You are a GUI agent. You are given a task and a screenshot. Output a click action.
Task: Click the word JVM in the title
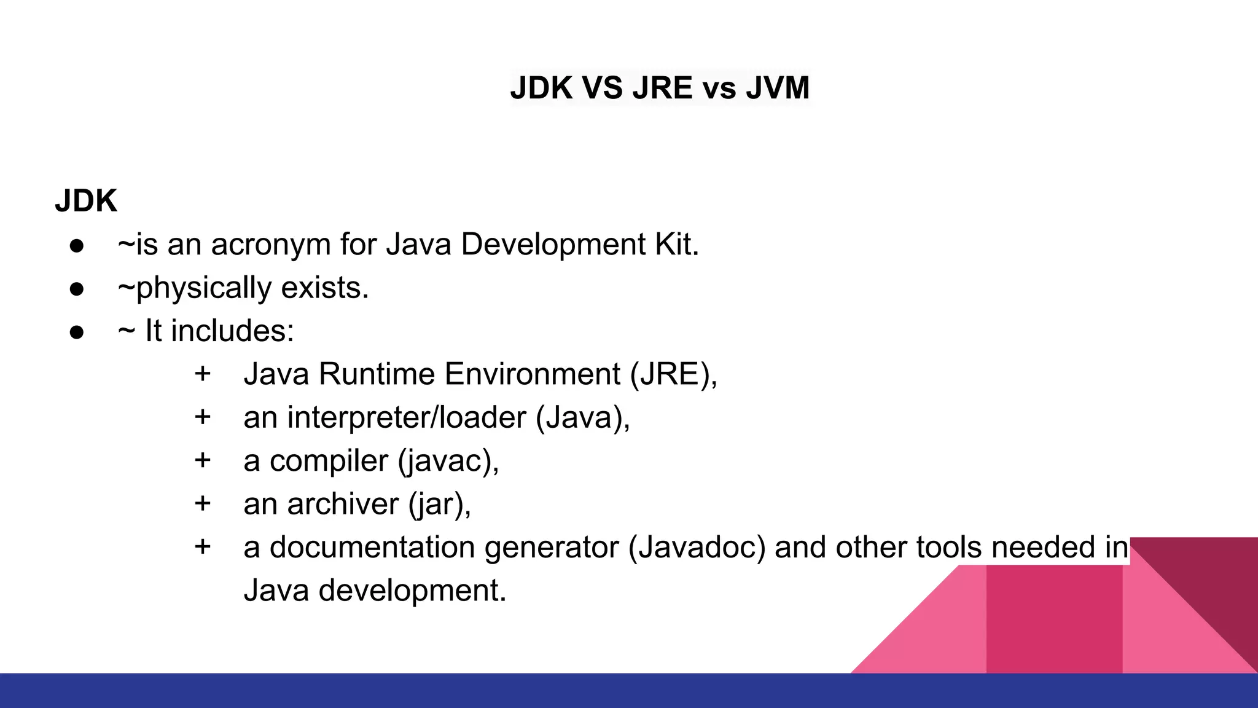(778, 87)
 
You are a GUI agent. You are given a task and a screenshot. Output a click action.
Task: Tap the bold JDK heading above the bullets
(85, 201)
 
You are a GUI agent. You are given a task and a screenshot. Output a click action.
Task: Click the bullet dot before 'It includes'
(77, 332)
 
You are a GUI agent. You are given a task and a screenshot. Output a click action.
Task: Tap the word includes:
(232, 331)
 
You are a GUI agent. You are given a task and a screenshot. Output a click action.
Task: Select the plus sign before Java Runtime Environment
(203, 374)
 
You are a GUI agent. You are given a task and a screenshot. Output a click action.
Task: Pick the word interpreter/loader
(407, 417)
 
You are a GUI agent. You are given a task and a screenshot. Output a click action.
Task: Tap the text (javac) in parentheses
(448, 460)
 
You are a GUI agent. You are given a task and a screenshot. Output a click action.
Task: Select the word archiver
(343, 504)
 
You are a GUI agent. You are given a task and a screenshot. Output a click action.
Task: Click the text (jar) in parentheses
(439, 504)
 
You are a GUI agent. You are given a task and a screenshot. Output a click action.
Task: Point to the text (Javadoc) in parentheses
(697, 547)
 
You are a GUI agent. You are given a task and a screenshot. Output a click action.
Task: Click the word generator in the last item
(551, 547)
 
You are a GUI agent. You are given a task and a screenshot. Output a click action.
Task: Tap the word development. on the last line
(412, 590)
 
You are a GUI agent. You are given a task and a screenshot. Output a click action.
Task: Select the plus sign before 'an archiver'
(203, 503)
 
